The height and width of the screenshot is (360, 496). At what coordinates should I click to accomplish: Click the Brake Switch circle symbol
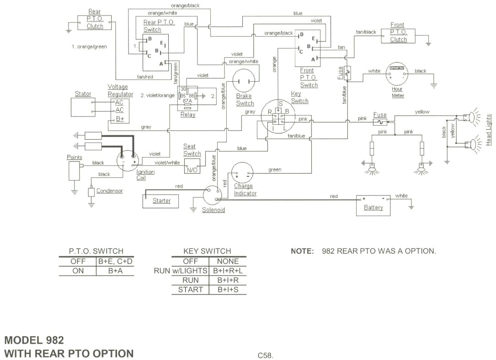tap(244, 81)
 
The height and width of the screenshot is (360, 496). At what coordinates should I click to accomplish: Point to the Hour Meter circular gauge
tap(397, 74)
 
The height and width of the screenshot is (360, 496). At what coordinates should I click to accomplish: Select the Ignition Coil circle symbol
tap(128, 160)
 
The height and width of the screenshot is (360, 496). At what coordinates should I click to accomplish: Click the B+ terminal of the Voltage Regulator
tap(120, 119)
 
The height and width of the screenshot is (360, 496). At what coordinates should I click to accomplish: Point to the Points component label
tap(75, 157)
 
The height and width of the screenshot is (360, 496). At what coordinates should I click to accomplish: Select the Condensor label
tap(109, 191)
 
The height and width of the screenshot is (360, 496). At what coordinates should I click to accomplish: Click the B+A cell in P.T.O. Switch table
tap(115, 270)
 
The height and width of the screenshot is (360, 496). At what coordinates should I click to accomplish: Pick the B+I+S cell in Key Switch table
tap(228, 289)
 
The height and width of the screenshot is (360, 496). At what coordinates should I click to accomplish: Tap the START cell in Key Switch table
tap(190, 289)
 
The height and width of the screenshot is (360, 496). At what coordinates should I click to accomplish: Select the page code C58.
tap(266, 355)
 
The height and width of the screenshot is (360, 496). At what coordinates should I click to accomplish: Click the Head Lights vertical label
tap(488, 130)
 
